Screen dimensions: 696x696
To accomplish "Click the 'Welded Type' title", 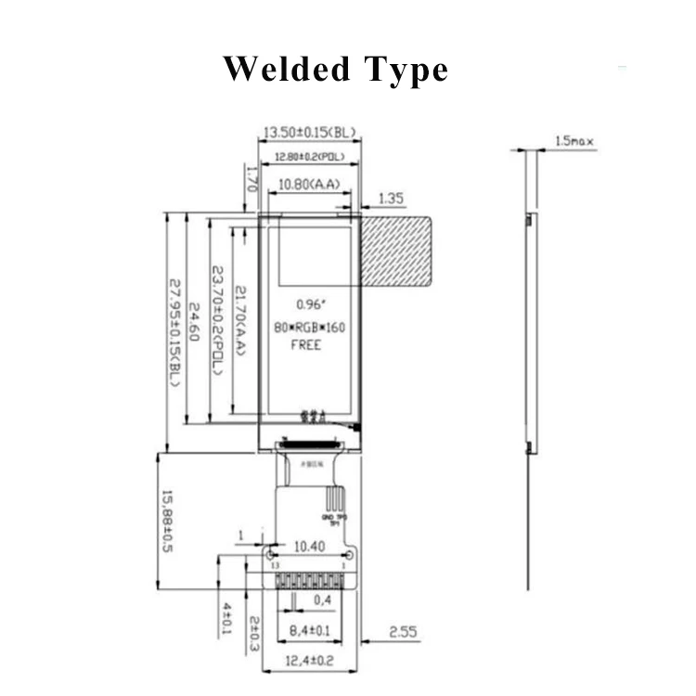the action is point(335,70).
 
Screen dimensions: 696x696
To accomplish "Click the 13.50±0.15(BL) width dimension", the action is point(309,133).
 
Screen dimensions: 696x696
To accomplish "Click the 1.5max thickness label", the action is point(574,141).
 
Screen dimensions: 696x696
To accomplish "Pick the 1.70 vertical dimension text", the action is point(249,176).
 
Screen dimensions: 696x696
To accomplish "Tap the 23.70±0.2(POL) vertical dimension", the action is point(218,320).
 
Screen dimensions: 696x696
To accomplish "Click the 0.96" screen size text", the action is point(308,304).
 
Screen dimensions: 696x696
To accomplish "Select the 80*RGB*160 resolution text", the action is point(309,327).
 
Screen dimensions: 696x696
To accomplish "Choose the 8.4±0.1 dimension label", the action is point(309,632).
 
